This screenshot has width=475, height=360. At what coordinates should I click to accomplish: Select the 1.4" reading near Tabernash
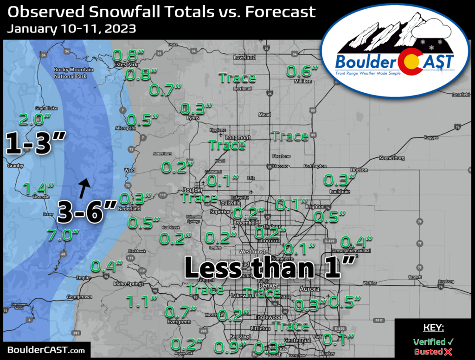(x=39, y=188)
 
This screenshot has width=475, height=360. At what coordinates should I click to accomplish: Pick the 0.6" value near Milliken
(x=302, y=71)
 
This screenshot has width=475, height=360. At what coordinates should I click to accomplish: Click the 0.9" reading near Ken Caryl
(x=230, y=347)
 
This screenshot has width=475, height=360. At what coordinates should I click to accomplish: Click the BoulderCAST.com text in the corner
(x=46, y=350)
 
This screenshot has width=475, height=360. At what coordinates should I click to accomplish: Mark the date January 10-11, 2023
(x=71, y=29)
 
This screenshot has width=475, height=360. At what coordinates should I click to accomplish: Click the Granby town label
(x=15, y=165)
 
